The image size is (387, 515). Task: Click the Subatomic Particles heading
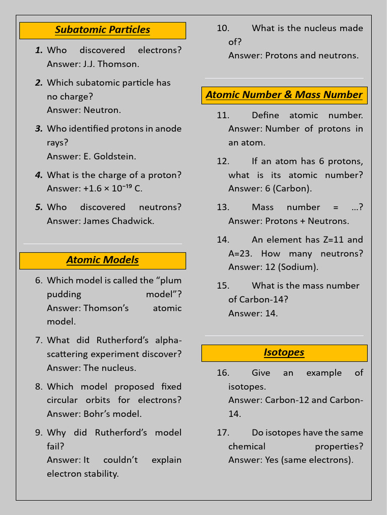pos(102,30)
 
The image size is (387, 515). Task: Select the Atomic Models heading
pos(102,260)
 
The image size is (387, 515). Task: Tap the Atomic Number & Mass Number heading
pos(284,95)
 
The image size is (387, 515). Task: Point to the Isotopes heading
pos(284,353)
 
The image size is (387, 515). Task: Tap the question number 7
pos(39,340)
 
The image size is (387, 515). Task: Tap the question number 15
pos(223,286)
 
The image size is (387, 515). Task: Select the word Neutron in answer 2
pos(102,110)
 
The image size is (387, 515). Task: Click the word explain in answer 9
pos(166,460)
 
